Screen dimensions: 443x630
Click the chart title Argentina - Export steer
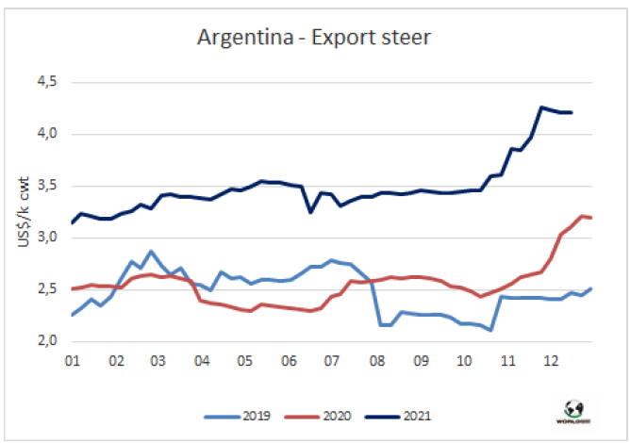click(315, 39)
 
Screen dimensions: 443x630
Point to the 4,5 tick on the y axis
click(46, 83)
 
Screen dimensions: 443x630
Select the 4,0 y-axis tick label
click(46, 134)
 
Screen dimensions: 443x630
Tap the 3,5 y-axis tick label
click(46, 186)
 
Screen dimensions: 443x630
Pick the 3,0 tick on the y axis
click(46, 238)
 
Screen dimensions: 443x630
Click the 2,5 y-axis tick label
click(46, 289)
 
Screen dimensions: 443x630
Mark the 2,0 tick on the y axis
click(46, 341)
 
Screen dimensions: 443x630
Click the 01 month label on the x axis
click(72, 360)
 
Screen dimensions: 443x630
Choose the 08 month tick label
click(376, 360)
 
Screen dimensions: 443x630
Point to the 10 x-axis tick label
click(463, 360)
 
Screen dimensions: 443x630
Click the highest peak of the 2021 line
click(541, 107)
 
